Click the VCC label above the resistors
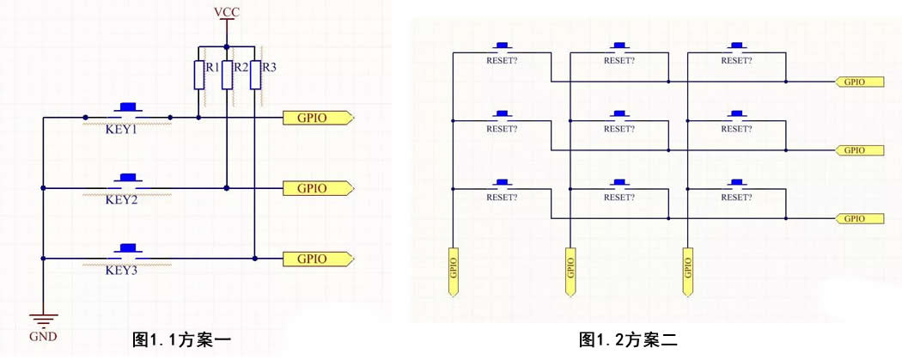(x=226, y=11)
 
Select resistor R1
(x=198, y=75)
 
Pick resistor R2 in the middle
(x=226, y=75)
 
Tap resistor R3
(x=254, y=75)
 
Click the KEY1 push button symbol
(x=129, y=110)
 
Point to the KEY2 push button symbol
(x=129, y=181)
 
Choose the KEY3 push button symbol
(x=129, y=251)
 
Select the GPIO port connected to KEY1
(x=317, y=118)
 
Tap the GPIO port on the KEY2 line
(x=317, y=188)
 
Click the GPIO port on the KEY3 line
(x=317, y=258)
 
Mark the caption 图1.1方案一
(x=181, y=340)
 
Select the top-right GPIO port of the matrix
(x=860, y=82)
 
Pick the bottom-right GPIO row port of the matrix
(x=860, y=218)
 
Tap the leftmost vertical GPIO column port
(x=452, y=272)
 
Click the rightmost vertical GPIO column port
(x=687, y=272)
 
